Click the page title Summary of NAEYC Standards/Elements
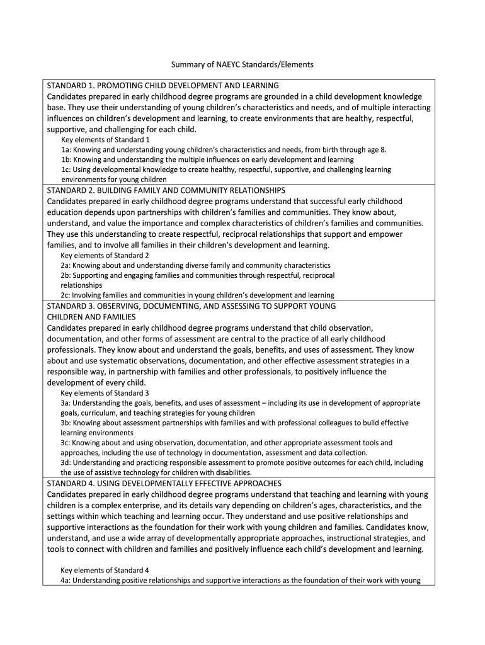pos(242,64)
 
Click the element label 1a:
pos(66,150)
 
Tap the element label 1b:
pos(66,160)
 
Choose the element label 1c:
pos(66,170)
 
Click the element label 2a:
pos(66,266)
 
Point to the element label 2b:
pos(66,276)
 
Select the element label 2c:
pos(66,295)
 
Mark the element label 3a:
pos(66,403)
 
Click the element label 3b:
pos(66,423)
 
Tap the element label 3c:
pos(66,443)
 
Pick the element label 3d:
pos(66,462)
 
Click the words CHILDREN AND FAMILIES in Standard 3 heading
pos(91,317)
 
